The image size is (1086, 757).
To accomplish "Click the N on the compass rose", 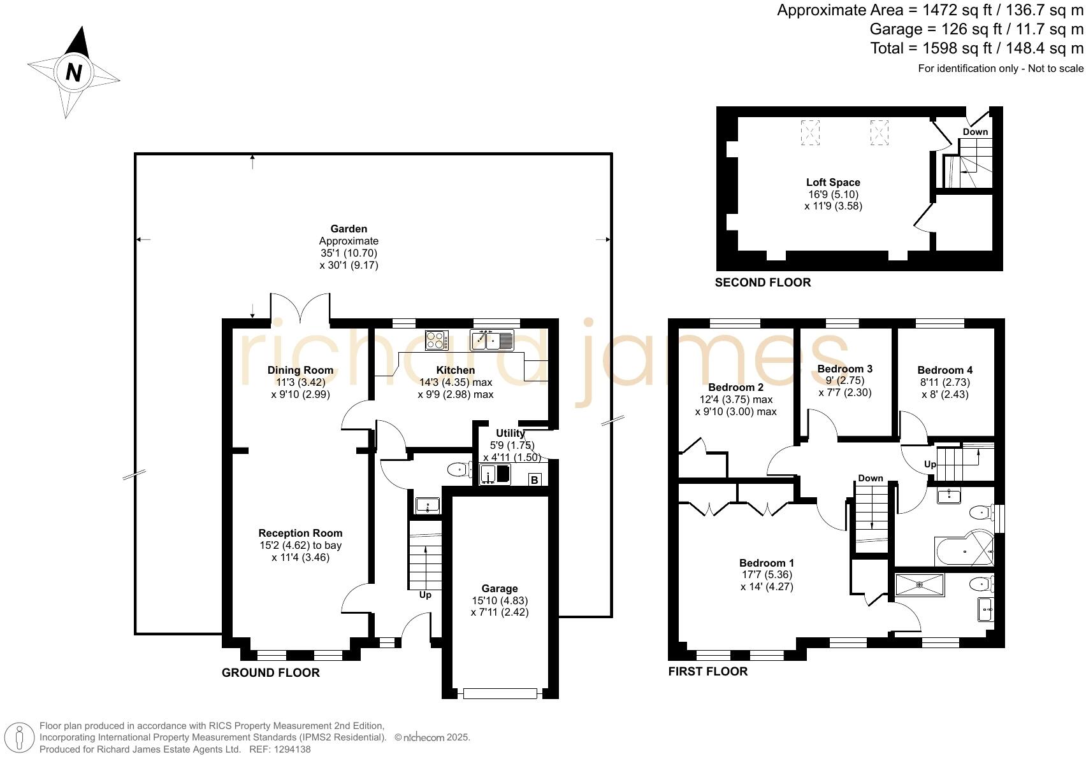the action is tap(74, 73).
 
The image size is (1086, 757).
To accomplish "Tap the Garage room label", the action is tap(500, 588).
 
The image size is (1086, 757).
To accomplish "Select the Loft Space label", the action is tap(833, 182).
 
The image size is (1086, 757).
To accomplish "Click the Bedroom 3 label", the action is tap(844, 369).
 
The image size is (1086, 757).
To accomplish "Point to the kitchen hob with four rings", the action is tap(437, 339).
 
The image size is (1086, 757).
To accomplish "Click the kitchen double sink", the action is tap(491, 339).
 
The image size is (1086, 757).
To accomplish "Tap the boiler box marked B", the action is tap(534, 479).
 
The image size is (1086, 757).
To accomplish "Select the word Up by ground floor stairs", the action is tap(425, 595).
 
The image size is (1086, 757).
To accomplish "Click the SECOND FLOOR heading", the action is tap(763, 282).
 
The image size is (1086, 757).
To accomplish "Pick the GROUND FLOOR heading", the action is tap(270, 673).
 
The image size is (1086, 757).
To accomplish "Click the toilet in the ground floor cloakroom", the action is tap(458, 469).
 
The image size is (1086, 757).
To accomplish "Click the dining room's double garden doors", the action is tap(301, 307).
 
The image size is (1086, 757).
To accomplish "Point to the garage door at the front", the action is tap(500, 693).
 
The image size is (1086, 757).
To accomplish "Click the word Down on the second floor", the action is tap(975, 132).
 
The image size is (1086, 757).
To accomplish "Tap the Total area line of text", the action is tap(976, 48).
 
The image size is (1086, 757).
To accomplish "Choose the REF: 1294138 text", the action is tap(280, 749).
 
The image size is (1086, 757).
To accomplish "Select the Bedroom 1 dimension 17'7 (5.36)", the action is tap(767, 574).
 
